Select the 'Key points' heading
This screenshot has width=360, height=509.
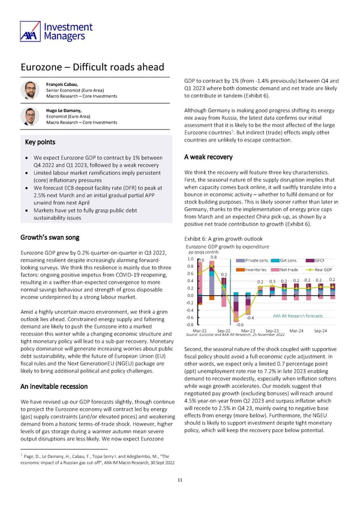pyautogui.click(x=38, y=142)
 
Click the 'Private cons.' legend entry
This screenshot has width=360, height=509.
pyautogui.click(x=257, y=261)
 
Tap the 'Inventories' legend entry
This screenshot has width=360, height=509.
pyautogui.click(x=257, y=269)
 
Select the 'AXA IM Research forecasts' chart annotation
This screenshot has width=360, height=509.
pyautogui.click(x=298, y=316)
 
